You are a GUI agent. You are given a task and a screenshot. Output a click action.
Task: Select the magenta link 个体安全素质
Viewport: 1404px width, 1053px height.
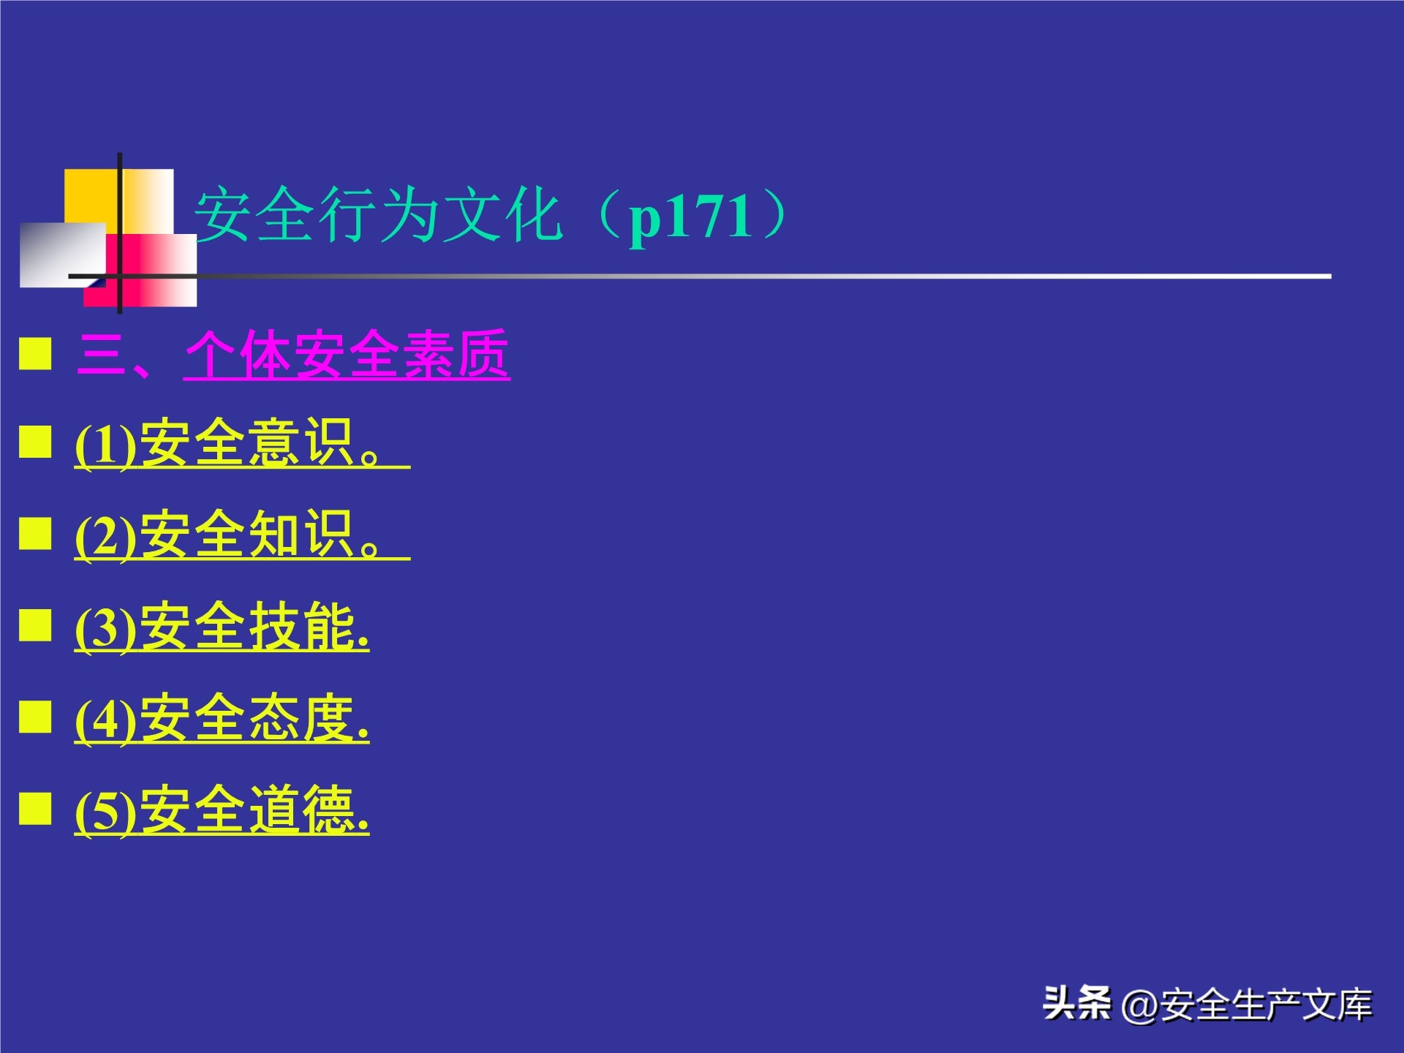tap(347, 355)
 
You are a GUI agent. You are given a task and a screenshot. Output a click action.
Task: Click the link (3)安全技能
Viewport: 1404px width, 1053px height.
tap(222, 627)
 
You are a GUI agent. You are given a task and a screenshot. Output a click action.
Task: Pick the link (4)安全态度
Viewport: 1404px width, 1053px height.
tap(222, 719)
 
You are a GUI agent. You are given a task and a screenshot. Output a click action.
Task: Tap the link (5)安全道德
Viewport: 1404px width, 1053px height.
tap(222, 810)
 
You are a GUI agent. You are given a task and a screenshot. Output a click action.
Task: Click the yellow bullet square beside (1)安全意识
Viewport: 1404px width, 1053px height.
tap(35, 442)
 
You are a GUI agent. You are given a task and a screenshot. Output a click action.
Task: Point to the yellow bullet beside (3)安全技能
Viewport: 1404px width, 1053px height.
tap(35, 624)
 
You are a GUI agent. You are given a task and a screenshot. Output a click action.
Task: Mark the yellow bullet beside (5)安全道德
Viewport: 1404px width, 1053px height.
tap(35, 808)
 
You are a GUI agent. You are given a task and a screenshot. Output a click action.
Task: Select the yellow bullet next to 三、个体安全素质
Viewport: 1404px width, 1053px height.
tap(35, 354)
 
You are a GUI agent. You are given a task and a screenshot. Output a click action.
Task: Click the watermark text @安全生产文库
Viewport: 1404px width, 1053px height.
tap(1247, 1005)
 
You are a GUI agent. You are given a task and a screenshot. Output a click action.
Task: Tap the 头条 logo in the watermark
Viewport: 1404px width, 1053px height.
tap(1076, 1003)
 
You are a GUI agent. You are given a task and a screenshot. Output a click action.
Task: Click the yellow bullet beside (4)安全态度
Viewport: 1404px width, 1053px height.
tap(35, 717)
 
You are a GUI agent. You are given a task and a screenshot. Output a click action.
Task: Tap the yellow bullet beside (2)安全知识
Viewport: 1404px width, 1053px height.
tap(35, 533)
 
